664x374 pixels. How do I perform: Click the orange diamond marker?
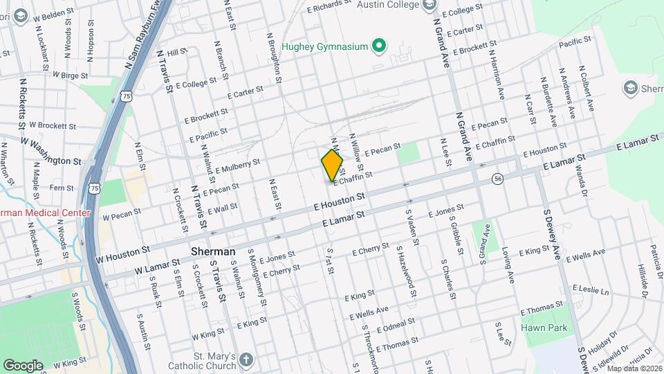pyautogui.click(x=333, y=165)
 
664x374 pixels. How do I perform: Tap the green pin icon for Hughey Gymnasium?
pyautogui.click(x=378, y=46)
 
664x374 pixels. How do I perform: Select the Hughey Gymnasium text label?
pyautogui.click(x=324, y=47)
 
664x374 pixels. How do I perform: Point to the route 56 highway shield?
pyautogui.click(x=497, y=179)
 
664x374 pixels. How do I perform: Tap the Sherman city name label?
pyautogui.click(x=213, y=251)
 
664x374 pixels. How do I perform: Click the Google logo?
pyautogui.click(x=23, y=365)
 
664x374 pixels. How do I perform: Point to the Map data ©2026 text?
pyautogui.click(x=635, y=368)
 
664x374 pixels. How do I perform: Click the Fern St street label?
pyautogui.click(x=62, y=188)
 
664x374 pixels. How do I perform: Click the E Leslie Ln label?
pyautogui.click(x=590, y=290)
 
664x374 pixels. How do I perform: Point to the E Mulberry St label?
pyautogui.click(x=237, y=166)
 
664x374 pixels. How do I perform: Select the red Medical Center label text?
pyautogui.click(x=44, y=213)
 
